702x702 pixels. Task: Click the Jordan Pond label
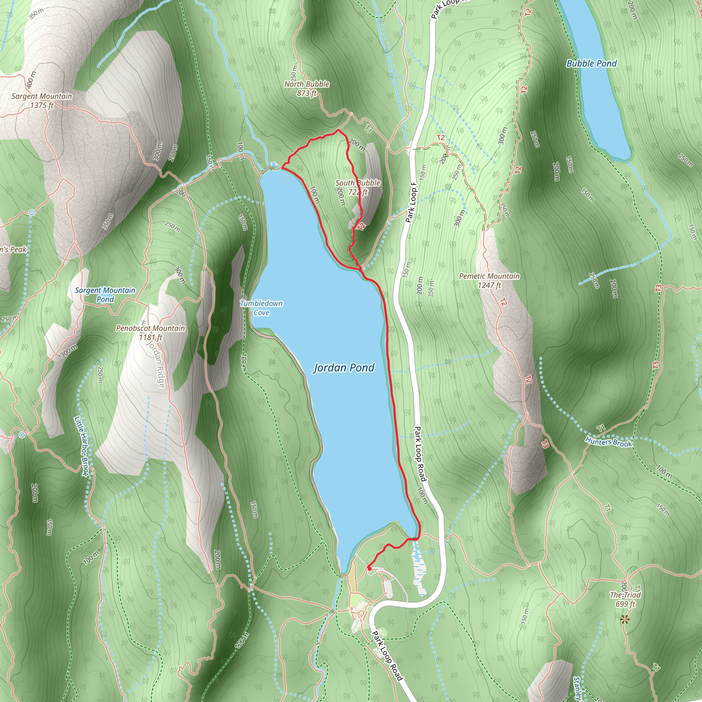[x=344, y=368]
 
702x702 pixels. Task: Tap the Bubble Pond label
[x=592, y=64]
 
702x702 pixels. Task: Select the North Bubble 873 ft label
[x=307, y=89]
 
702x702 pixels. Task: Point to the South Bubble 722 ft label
[x=358, y=187]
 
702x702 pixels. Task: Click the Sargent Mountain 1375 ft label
[x=42, y=101]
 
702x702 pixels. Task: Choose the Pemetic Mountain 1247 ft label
[x=489, y=280]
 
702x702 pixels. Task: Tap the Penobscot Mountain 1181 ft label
[x=150, y=332]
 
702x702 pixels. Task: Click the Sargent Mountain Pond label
[x=105, y=295]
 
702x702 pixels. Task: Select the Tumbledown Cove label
[x=261, y=308]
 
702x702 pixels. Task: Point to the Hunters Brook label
[x=609, y=442]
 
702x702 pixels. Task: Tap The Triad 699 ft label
[x=625, y=599]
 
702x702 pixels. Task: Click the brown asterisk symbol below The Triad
[x=625, y=620]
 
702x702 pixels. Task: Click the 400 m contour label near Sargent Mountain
[x=31, y=79]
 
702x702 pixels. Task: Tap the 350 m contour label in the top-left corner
[x=36, y=13]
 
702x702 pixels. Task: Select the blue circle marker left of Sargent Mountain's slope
[x=32, y=212]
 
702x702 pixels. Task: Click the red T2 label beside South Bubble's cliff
[x=361, y=227]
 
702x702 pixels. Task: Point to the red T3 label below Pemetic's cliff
[x=545, y=444]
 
